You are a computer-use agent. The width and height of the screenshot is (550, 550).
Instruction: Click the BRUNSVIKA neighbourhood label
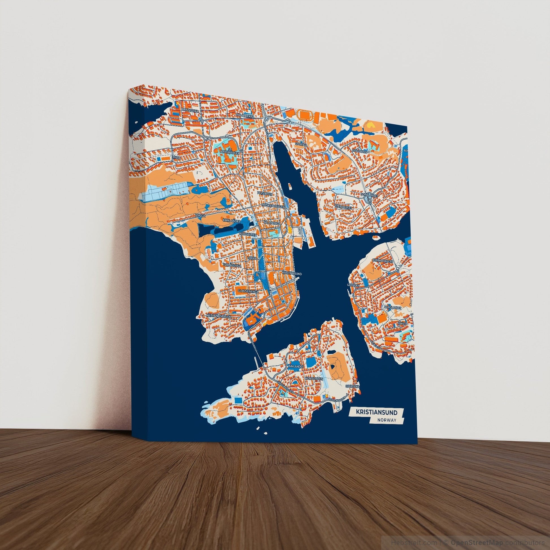(x=190, y=109)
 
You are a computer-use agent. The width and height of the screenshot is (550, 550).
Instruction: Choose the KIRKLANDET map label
(x=232, y=221)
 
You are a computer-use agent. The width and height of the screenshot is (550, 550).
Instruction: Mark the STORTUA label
(x=301, y=144)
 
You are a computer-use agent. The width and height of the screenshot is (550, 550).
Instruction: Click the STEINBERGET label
(x=344, y=207)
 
